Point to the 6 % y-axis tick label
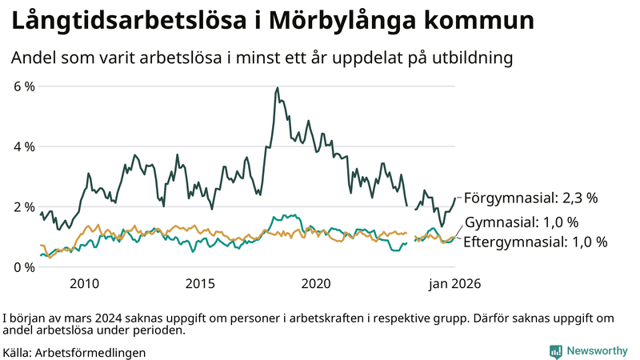tap(24, 86)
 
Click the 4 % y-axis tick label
tap(24, 146)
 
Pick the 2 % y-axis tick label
tap(24, 206)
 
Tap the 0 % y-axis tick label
tap(24, 267)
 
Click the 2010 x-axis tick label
tap(84, 283)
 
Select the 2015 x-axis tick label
tap(201, 283)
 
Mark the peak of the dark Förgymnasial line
tap(278, 88)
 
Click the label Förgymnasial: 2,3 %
tap(531, 197)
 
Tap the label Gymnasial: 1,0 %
tap(522, 222)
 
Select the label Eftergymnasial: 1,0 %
tap(535, 241)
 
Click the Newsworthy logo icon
tap(555, 351)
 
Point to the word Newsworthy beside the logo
tap(597, 351)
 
